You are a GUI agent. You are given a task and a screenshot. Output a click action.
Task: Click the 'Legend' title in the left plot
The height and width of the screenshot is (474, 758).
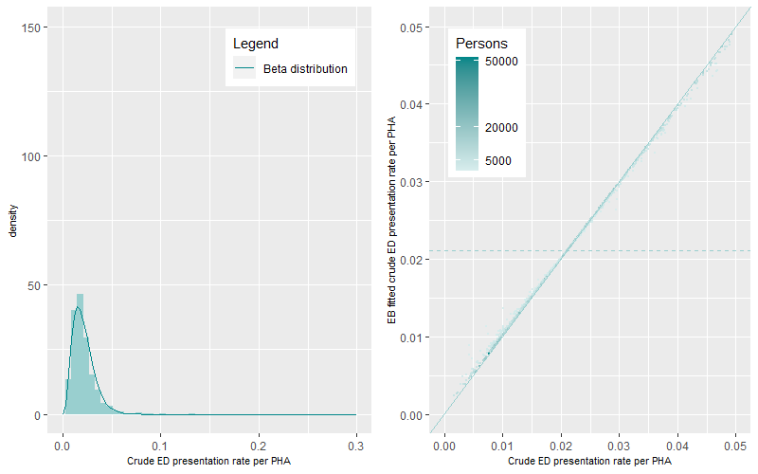[256, 44]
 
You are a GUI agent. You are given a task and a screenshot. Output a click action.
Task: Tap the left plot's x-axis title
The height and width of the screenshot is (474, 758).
[208, 462]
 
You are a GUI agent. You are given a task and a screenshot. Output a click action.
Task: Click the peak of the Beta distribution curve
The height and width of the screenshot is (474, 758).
[78, 307]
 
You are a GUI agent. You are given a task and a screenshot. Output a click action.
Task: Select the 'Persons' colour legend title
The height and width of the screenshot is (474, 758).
[481, 44]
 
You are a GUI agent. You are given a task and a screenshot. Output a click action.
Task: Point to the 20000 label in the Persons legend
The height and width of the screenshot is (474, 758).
[502, 127]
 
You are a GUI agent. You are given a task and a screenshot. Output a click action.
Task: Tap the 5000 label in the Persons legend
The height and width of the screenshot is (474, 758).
[499, 161]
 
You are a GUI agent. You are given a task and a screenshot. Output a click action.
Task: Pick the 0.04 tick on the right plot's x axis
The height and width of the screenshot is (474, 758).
[677, 444]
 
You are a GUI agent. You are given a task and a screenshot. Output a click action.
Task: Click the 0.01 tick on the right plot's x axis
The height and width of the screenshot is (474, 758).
[502, 444]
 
